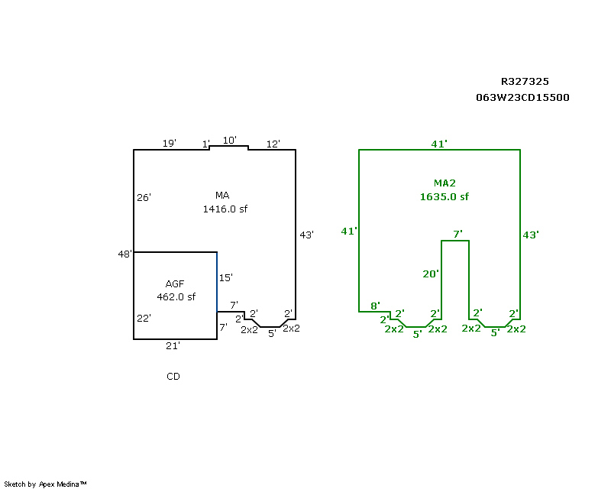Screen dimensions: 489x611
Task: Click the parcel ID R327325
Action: point(525,81)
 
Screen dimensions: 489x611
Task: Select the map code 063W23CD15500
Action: point(522,98)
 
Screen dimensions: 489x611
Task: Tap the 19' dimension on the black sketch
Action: point(169,144)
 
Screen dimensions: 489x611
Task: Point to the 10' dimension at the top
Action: point(229,141)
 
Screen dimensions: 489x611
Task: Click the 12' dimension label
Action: point(273,144)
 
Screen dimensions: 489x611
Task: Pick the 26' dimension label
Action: point(144,198)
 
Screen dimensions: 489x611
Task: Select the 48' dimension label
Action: point(125,254)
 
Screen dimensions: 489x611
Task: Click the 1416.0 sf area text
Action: point(225,209)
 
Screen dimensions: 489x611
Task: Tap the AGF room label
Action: point(175,284)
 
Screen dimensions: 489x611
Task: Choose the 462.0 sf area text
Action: point(176,297)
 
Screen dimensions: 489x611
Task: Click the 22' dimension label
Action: point(144,319)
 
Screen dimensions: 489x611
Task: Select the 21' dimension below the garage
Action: point(173,346)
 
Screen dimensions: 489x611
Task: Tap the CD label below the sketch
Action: point(173,377)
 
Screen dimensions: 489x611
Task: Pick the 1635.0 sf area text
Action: point(444,196)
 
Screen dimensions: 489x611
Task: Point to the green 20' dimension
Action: point(432,274)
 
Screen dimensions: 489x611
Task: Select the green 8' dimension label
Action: point(375,306)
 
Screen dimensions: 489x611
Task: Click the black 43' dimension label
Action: point(306,235)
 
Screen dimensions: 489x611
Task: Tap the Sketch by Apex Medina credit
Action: point(46,484)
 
